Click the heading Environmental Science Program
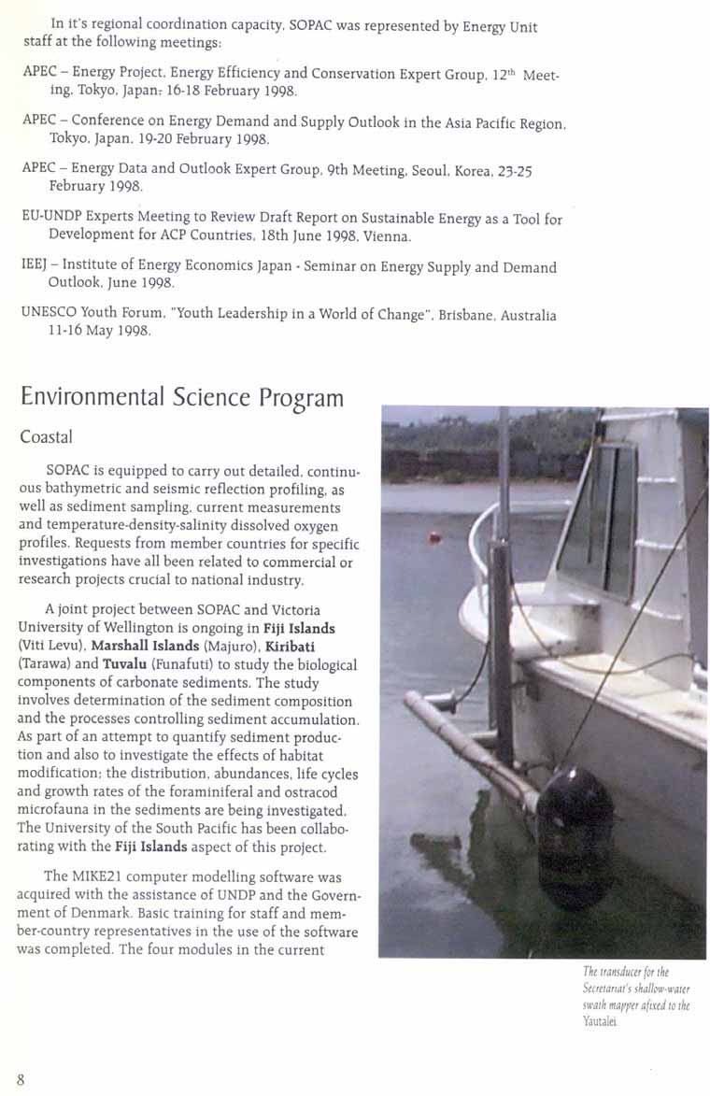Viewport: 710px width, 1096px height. click(181, 397)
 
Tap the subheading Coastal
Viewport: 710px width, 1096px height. click(46, 436)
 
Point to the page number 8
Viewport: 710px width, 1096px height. click(20, 1079)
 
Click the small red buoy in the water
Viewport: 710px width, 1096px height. click(433, 537)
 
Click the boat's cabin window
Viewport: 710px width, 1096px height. click(599, 519)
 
